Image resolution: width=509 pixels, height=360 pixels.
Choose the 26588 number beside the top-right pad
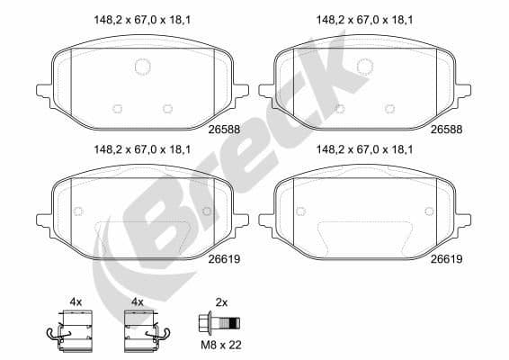446,130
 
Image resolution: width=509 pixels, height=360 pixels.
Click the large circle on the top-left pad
142,66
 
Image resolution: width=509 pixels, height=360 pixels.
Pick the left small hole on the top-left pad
116,109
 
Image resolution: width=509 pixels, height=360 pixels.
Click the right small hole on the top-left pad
167,109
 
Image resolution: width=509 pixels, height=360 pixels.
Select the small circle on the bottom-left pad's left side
77,211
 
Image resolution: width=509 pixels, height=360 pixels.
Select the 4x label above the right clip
138,301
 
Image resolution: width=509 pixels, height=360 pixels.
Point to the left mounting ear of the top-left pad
45,90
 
